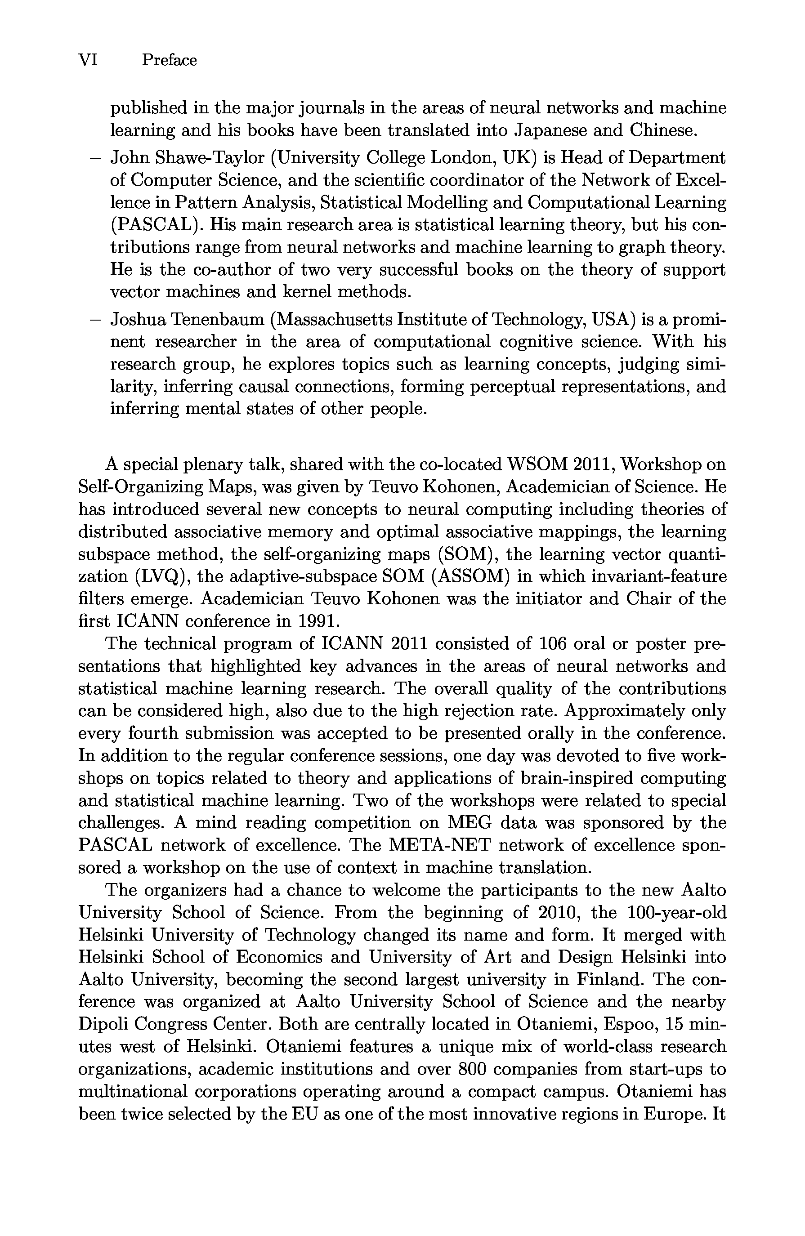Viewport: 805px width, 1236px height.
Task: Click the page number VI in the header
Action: coord(88,60)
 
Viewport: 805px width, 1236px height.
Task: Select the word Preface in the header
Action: coord(169,60)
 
